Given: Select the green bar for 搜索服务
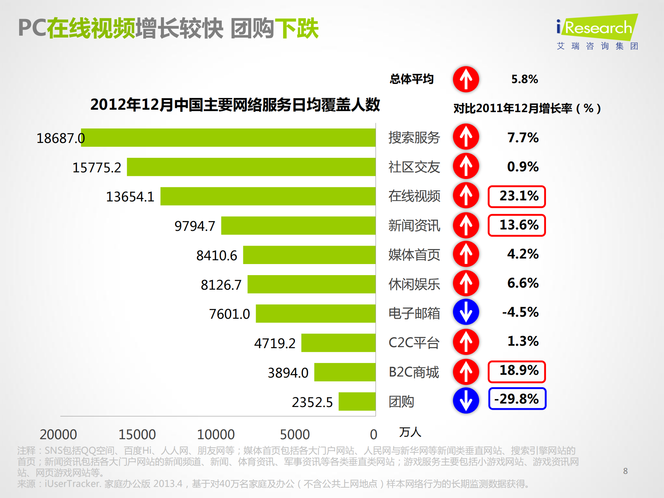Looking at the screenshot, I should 228,138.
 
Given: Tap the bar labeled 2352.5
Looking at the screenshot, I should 357,401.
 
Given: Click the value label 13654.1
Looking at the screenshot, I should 130,197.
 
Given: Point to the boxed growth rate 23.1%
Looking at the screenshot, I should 517,197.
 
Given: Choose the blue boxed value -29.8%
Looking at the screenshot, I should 517,399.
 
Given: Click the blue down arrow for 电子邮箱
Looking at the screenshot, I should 466,312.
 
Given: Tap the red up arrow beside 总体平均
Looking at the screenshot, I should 466,79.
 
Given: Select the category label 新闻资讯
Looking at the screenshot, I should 414,226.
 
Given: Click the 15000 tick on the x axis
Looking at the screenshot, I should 137,434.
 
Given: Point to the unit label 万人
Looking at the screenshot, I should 410,432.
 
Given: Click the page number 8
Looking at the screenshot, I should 625,471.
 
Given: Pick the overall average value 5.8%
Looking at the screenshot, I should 525,79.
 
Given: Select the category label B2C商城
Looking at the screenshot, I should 413,372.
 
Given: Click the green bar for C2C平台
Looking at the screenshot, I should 338,343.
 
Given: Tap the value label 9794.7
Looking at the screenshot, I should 194,226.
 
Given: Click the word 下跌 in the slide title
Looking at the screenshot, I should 297,28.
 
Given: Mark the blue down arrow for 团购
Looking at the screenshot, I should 466,400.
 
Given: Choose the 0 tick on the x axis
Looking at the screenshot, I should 373,434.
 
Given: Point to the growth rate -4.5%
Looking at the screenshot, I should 520,312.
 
